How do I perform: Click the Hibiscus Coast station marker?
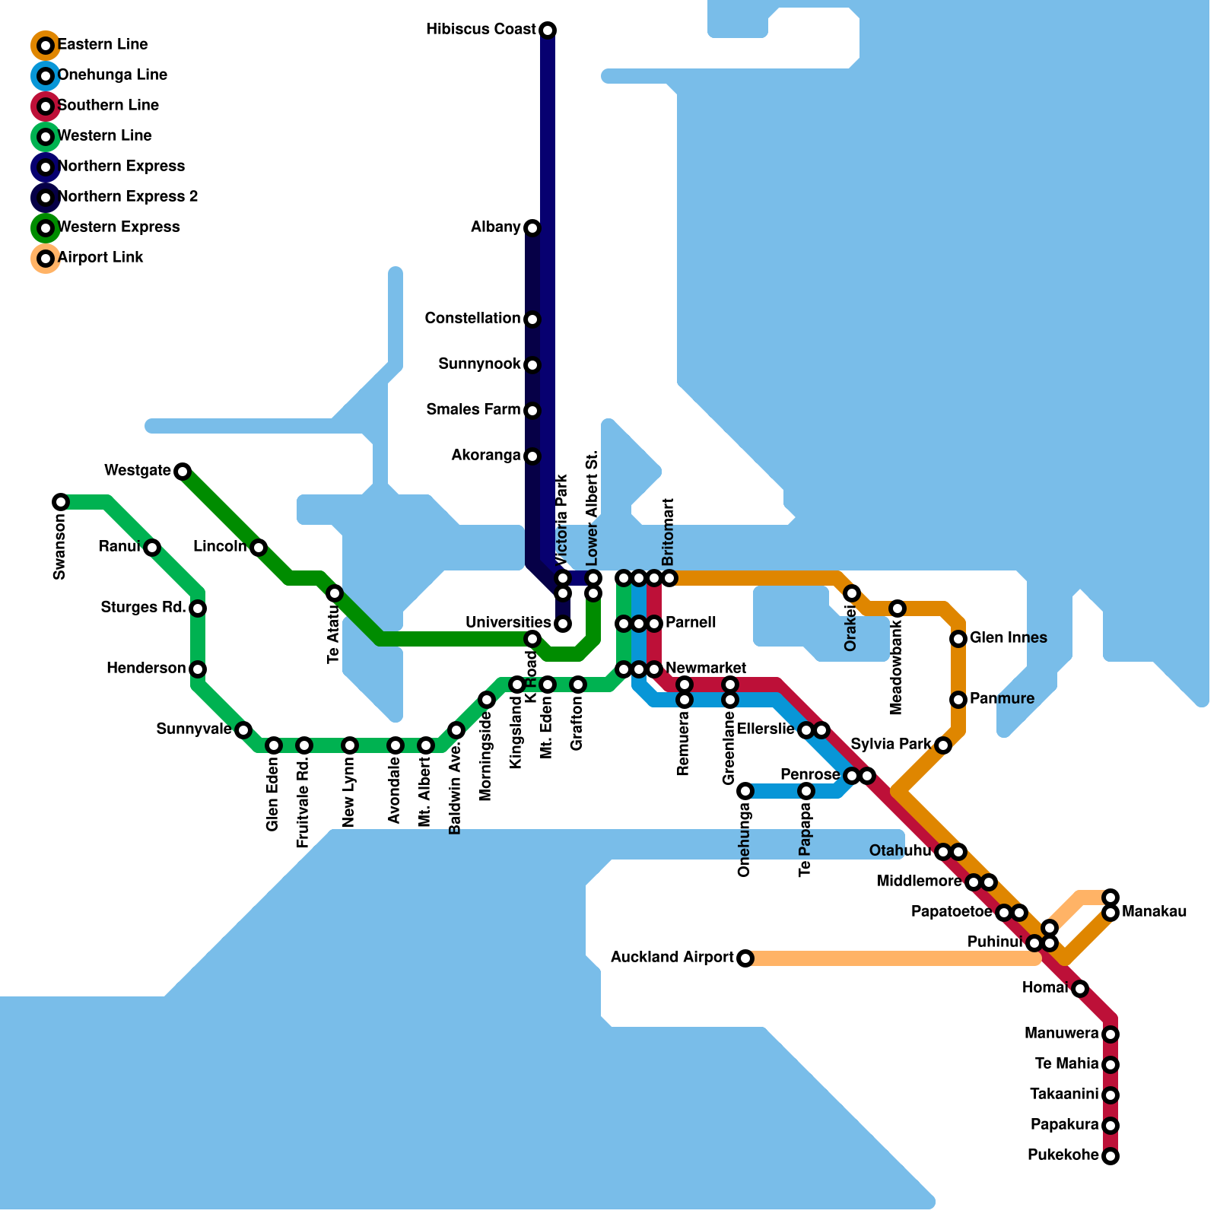[548, 30]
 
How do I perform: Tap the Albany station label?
[495, 227]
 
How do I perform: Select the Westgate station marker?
[183, 472]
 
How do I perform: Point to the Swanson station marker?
[61, 502]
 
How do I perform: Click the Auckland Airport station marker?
[745, 958]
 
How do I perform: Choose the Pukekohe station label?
[1063, 1155]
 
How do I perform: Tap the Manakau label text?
[1154, 912]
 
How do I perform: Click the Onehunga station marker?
[745, 791]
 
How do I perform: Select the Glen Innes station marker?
[958, 639]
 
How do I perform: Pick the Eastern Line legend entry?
[103, 45]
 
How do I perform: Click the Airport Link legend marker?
[46, 259]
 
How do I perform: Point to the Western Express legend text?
[119, 227]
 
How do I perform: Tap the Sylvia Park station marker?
[943, 745]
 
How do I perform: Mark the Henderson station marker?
[198, 669]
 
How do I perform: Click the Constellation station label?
[472, 319]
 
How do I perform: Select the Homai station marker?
[1080, 989]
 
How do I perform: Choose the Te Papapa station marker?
[806, 791]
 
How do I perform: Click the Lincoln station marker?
[259, 548]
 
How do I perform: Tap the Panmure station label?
[1002, 699]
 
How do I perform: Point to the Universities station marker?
[563, 624]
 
